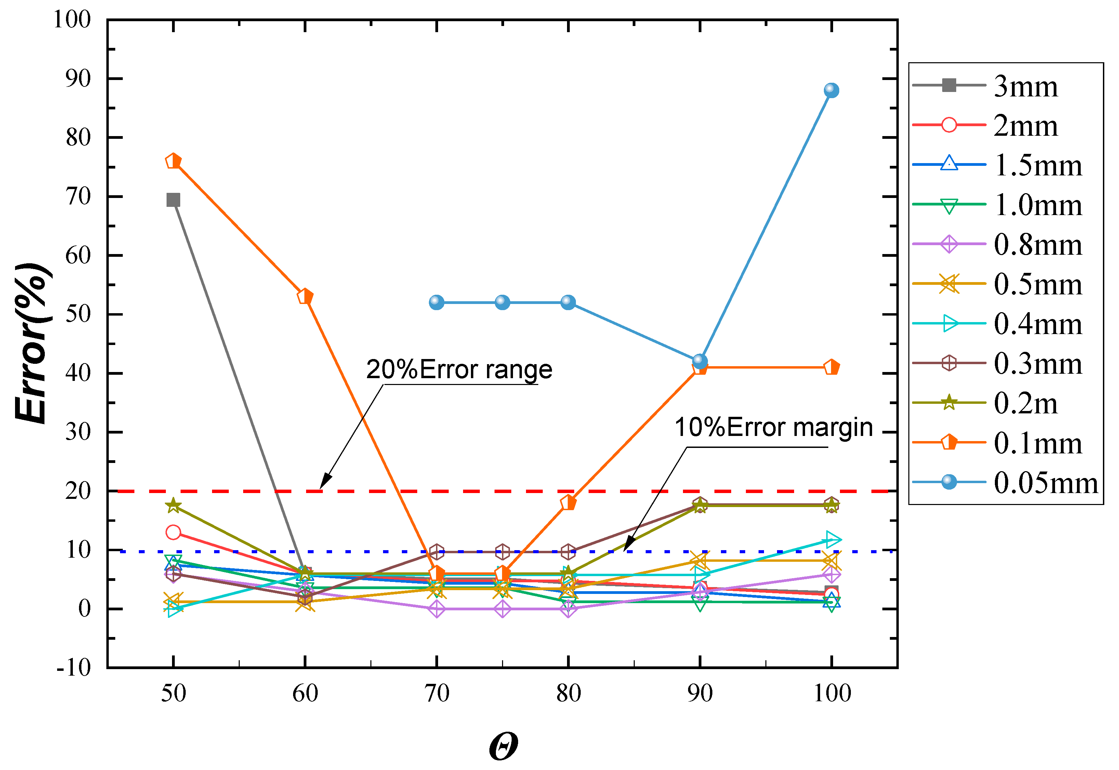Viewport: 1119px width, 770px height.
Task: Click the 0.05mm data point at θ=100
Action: pyautogui.click(x=831, y=90)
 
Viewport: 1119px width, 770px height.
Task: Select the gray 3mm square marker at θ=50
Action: pyautogui.click(x=173, y=200)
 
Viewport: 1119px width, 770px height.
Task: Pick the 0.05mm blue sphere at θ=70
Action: pyautogui.click(x=436, y=303)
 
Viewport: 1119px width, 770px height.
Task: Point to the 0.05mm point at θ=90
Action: pyautogui.click(x=700, y=361)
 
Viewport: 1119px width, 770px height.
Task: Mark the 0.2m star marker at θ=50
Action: pyautogui.click(x=173, y=506)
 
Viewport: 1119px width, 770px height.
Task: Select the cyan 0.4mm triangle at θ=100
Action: pyautogui.click(x=832, y=540)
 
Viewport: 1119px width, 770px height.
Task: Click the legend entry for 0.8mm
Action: pyautogui.click(x=1038, y=244)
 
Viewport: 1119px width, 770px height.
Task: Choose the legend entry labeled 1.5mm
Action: pyautogui.click(x=1038, y=165)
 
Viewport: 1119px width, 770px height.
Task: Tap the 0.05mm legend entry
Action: pyautogui.click(x=1045, y=482)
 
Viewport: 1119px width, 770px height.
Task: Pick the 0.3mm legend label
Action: pyautogui.click(x=1038, y=363)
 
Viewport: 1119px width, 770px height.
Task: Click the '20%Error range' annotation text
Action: pyautogui.click(x=459, y=370)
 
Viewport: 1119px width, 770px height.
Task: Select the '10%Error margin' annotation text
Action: pyautogui.click(x=774, y=427)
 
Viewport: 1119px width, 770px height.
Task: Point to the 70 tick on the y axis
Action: pyautogui.click(x=78, y=196)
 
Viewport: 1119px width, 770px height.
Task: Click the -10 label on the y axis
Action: pyautogui.click(x=74, y=668)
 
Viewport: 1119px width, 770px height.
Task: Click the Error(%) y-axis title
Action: pyautogui.click(x=32, y=344)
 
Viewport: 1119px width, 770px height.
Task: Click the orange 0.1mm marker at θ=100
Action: pyautogui.click(x=831, y=368)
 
